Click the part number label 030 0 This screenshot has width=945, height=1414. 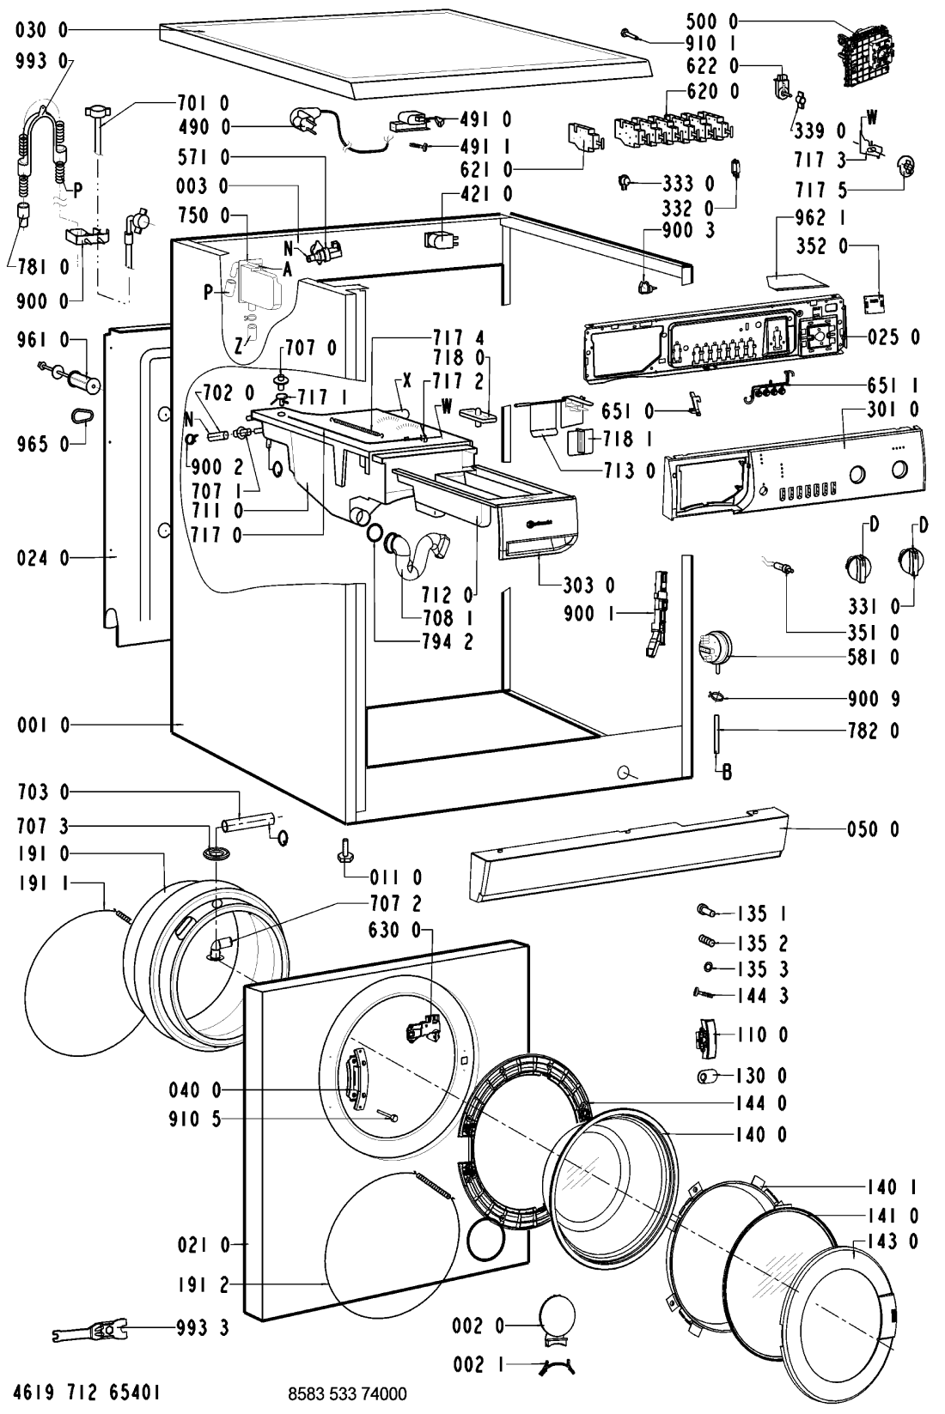click(42, 30)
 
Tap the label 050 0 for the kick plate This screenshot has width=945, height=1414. click(873, 828)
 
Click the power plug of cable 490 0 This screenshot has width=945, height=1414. click(302, 120)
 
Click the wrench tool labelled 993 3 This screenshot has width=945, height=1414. click(90, 1330)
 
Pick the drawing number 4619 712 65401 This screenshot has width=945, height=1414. click(87, 1393)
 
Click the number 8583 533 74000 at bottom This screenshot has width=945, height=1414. click(347, 1393)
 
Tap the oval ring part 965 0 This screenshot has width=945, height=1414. click(82, 416)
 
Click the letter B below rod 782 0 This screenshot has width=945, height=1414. click(727, 772)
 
